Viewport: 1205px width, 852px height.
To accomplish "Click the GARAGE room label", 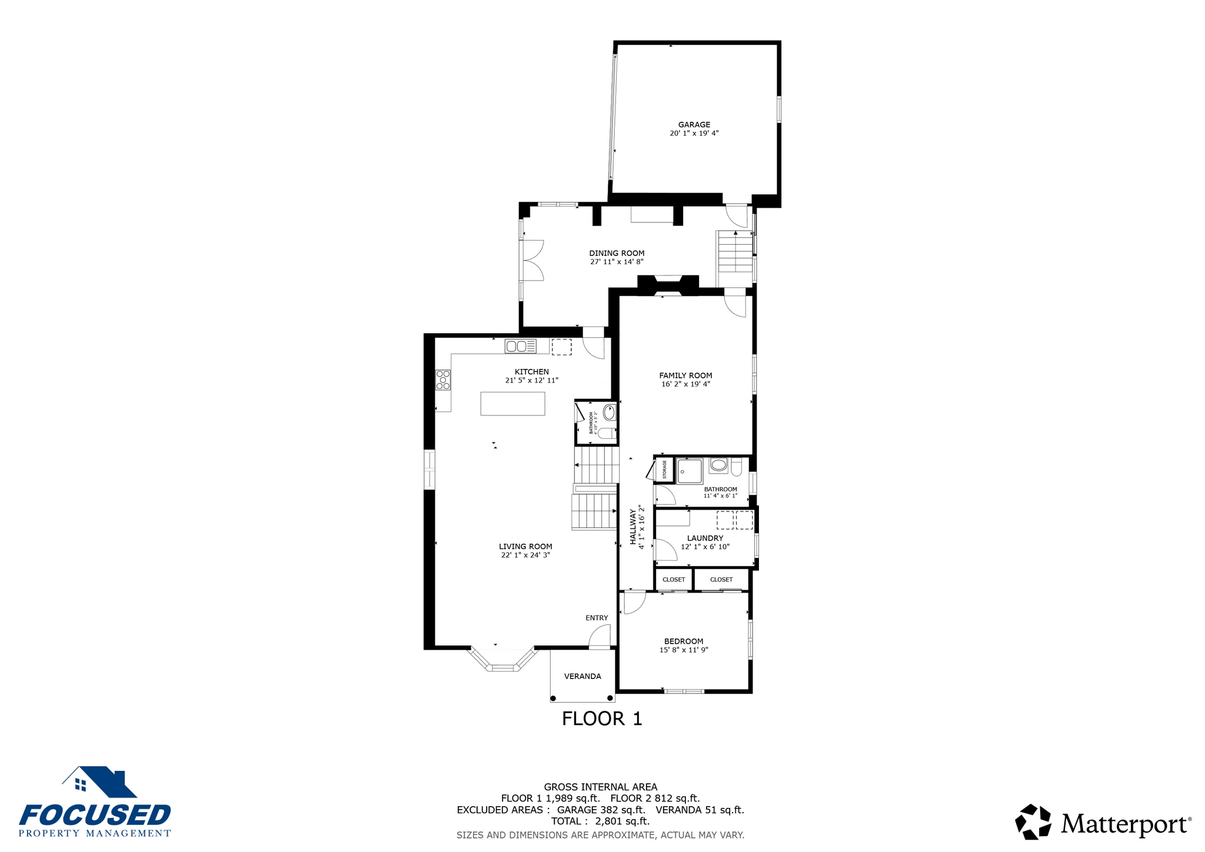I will [694, 125].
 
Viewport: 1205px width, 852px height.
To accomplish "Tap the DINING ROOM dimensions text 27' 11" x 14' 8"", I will [617, 262].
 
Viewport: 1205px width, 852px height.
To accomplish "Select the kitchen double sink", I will [521, 347].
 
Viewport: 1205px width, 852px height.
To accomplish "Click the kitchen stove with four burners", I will [443, 380].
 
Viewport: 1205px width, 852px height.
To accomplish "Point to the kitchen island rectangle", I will [512, 404].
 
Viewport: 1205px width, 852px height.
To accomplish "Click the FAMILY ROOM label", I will [685, 375].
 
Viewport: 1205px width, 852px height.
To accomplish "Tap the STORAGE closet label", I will [665, 470].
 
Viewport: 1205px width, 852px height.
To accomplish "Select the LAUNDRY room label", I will [705, 538].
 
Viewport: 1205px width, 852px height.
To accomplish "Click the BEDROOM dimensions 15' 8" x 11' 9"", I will [684, 650].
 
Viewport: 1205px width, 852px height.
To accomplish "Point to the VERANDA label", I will [582, 676].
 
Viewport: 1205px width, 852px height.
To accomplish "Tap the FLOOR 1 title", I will [602, 718].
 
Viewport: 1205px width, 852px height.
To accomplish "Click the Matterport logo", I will [1103, 822].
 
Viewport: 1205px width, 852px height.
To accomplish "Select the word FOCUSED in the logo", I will [95, 816].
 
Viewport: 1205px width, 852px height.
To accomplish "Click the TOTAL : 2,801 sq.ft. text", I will [600, 821].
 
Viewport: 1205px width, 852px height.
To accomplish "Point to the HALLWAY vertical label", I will [634, 527].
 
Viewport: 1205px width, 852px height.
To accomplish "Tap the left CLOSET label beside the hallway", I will [674, 580].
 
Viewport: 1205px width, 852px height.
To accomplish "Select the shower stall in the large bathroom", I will [689, 471].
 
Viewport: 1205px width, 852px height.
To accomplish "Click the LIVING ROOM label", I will [525, 546].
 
